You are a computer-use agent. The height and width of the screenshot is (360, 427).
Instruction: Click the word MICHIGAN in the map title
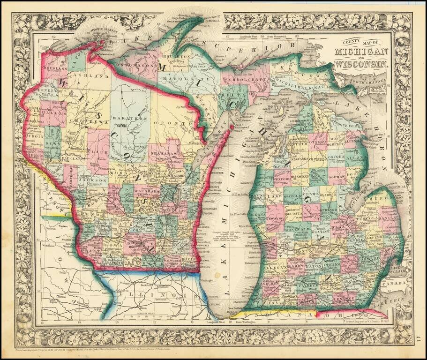coord(361,51)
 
